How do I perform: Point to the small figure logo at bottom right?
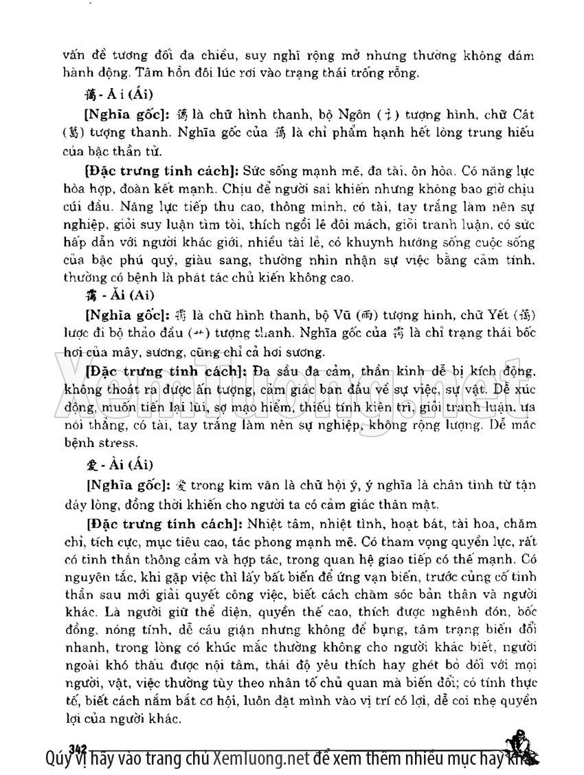(x=520, y=745)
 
